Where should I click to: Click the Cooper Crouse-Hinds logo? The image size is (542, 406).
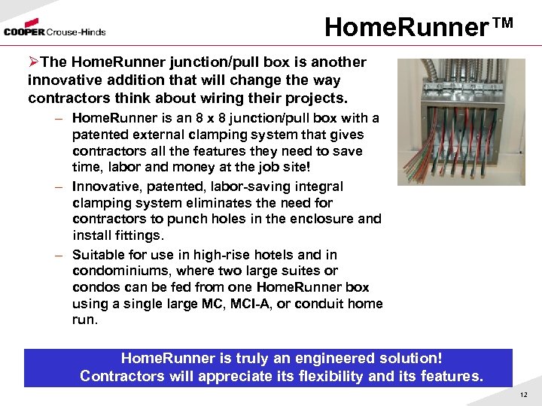pyautogui.click(x=54, y=31)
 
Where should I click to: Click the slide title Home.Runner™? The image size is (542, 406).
pyautogui.click(x=419, y=27)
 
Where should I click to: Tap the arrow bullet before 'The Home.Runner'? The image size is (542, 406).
pyautogui.click(x=33, y=62)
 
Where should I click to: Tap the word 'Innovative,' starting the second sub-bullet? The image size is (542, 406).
pyautogui.click(x=103, y=186)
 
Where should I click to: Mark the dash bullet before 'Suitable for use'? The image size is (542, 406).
pyautogui.click(x=57, y=255)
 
